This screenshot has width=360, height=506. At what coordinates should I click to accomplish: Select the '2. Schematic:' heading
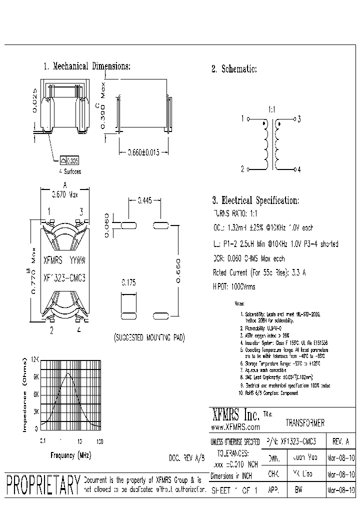coord(234,69)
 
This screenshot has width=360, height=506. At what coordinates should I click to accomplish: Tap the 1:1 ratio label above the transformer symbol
coord(272,108)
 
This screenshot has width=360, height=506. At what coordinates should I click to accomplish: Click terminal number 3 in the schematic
coord(298,119)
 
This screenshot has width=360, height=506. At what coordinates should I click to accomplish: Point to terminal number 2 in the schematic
coord(242,169)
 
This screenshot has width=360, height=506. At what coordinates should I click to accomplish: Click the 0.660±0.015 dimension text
coord(143,153)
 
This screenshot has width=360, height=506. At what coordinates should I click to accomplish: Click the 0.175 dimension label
coord(129,282)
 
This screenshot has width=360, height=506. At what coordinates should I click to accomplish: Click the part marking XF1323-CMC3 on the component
coord(64,276)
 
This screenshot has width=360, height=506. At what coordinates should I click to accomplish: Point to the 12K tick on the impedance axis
coord(35,360)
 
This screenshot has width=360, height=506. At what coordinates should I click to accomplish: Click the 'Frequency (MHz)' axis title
coord(70,455)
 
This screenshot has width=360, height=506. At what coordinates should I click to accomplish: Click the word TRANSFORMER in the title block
coord(305,423)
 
